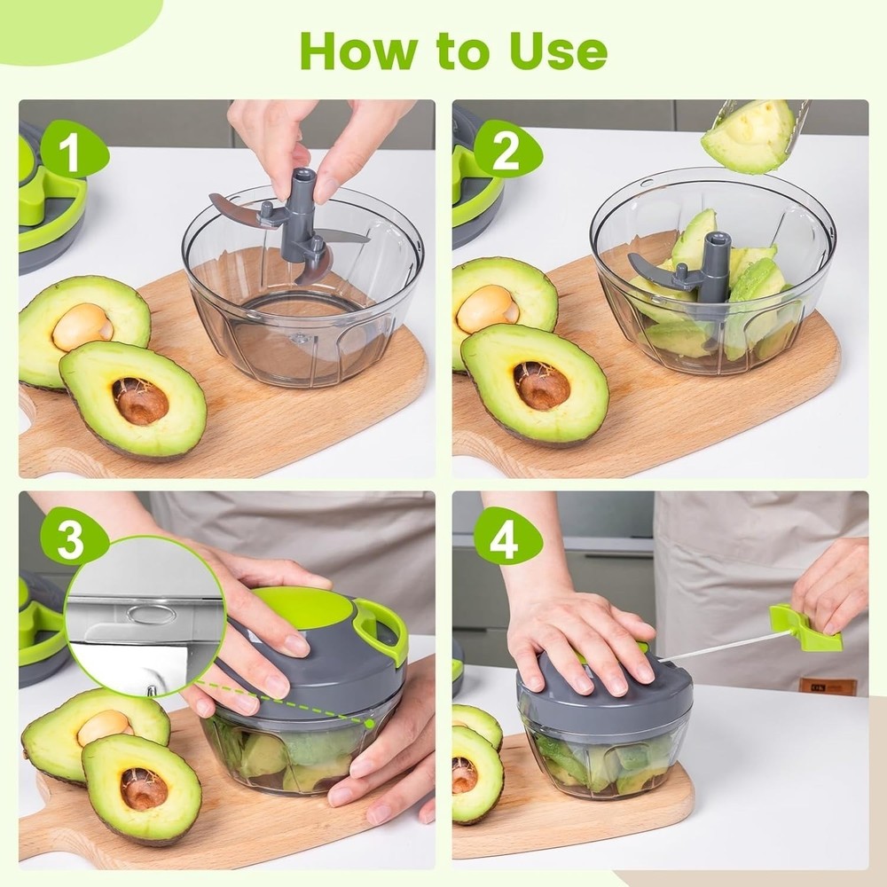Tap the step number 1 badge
click(x=71, y=153)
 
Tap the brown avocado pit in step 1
click(x=139, y=400)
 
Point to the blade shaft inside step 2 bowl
click(x=714, y=266)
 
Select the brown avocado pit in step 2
click(x=542, y=385)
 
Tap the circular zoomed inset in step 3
click(x=142, y=616)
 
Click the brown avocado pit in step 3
click(x=143, y=787)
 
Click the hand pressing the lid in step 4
click(x=577, y=643)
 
